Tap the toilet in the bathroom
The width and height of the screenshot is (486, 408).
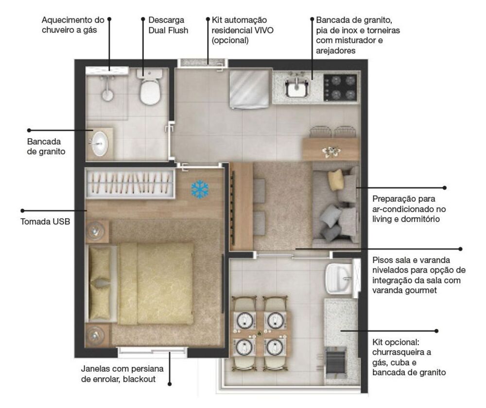(x=150, y=90)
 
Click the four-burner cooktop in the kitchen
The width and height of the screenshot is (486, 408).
(x=340, y=88)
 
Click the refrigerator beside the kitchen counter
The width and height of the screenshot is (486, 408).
(x=249, y=89)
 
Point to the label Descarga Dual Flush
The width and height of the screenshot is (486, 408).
(x=168, y=25)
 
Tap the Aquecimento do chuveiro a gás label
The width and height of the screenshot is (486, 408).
(x=73, y=25)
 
